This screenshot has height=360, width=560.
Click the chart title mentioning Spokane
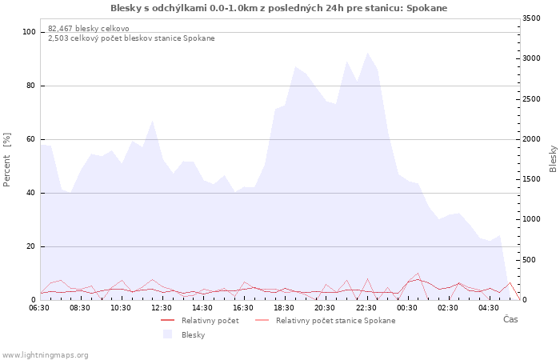click(278, 8)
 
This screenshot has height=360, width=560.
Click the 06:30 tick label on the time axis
click(39, 308)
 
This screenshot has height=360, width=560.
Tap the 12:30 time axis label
click(162, 308)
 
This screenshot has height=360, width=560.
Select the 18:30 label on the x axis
click(284, 308)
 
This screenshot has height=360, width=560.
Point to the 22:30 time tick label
click(366, 308)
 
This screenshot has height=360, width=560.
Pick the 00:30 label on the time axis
click(406, 308)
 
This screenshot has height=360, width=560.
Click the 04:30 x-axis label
click(489, 308)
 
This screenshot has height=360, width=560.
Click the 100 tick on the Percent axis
click(29, 32)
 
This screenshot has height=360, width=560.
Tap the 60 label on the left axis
click(30, 139)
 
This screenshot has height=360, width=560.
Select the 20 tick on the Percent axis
click(30, 246)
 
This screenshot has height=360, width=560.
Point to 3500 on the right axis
click(531, 18)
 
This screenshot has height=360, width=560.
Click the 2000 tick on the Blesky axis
click(531, 139)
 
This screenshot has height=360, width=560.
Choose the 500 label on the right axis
click(529, 260)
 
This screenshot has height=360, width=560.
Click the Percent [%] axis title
click(6, 160)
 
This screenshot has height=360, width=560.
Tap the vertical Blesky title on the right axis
click(553, 159)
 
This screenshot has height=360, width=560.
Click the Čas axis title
click(510, 319)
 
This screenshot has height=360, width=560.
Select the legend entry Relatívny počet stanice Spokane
click(326, 321)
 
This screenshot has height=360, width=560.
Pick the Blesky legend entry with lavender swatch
click(184, 334)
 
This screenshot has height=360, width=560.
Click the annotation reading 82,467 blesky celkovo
click(89, 29)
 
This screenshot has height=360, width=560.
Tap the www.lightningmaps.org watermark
click(45, 355)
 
